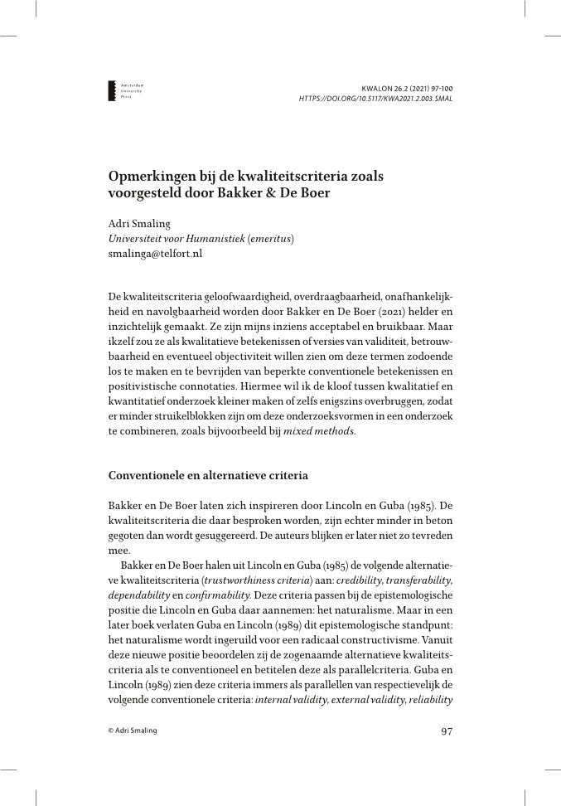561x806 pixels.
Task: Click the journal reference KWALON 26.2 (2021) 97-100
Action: pos(407,87)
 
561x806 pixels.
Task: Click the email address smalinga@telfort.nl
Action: pos(155,253)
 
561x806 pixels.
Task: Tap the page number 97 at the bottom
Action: pos(446,731)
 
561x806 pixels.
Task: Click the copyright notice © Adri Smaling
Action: pos(133,731)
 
